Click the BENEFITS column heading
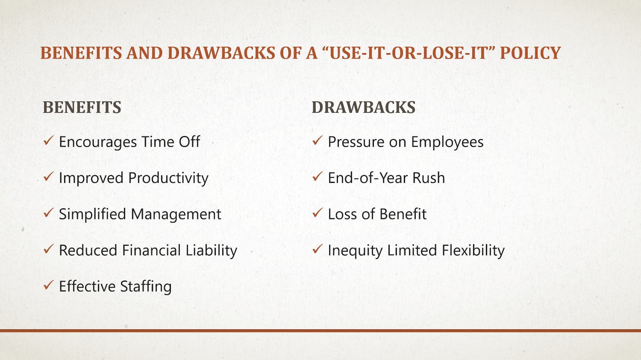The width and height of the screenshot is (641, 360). click(x=82, y=107)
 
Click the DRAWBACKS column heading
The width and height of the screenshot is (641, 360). click(x=363, y=107)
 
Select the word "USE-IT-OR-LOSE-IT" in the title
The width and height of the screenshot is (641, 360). click(x=409, y=53)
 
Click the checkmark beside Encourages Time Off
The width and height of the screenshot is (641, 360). click(x=48, y=140)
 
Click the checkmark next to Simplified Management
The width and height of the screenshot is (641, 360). click(x=48, y=212)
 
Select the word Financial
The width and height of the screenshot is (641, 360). click(x=151, y=250)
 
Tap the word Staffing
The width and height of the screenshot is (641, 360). click(x=146, y=286)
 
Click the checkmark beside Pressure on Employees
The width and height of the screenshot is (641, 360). click(x=317, y=140)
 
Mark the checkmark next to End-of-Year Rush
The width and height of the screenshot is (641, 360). click(x=317, y=176)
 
